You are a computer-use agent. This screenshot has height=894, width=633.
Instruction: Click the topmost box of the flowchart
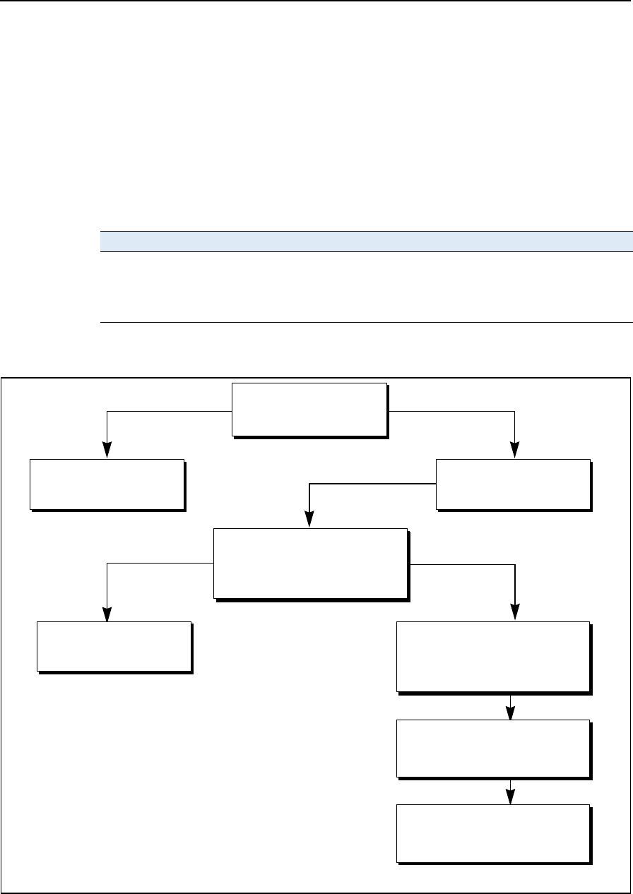point(310,410)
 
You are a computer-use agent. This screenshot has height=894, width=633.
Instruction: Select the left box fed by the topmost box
point(107,484)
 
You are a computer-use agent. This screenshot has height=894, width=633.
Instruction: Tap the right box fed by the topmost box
point(514,484)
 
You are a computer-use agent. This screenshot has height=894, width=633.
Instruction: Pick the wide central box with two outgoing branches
point(311,564)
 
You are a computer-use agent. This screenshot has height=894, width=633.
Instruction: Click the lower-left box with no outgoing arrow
point(114,646)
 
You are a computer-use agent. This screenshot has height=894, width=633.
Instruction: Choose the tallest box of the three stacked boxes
point(493,656)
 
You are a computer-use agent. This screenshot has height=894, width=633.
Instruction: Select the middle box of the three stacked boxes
point(493,748)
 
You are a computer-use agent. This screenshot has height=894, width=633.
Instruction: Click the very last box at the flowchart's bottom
point(493,833)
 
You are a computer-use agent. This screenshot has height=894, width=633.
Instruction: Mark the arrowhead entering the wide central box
point(309,521)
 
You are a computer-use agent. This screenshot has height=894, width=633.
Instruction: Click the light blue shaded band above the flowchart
point(365,242)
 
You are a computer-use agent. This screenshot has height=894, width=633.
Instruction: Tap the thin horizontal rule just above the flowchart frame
point(365,323)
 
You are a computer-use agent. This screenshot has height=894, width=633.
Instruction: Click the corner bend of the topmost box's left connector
point(107,411)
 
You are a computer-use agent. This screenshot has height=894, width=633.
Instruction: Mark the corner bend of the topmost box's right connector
point(515,411)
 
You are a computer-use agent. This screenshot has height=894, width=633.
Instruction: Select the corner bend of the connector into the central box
point(309,484)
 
